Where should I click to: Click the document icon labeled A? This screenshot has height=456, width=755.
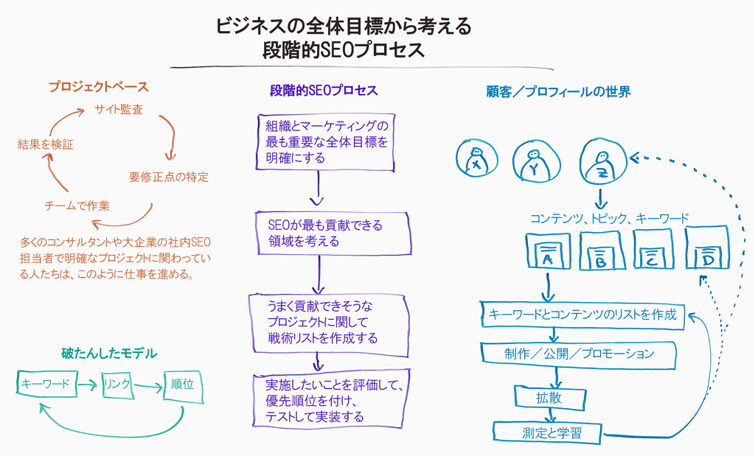pyautogui.click(x=547, y=251)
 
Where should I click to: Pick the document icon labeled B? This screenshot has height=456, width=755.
pyautogui.click(x=600, y=251)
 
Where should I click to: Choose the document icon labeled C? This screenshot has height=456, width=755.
pyautogui.click(x=652, y=251)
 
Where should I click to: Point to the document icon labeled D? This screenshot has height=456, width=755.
pyautogui.click(x=706, y=251)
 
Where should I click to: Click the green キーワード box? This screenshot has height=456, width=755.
pyautogui.click(x=46, y=385)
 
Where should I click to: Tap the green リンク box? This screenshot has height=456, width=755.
pyautogui.click(x=118, y=385)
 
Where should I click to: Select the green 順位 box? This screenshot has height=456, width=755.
pyautogui.click(x=182, y=386)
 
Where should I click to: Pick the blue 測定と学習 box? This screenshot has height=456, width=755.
pyautogui.click(x=549, y=432)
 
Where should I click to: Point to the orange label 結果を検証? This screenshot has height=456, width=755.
pyautogui.click(x=45, y=145)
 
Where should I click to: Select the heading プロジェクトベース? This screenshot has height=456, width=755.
pyautogui.click(x=99, y=87)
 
